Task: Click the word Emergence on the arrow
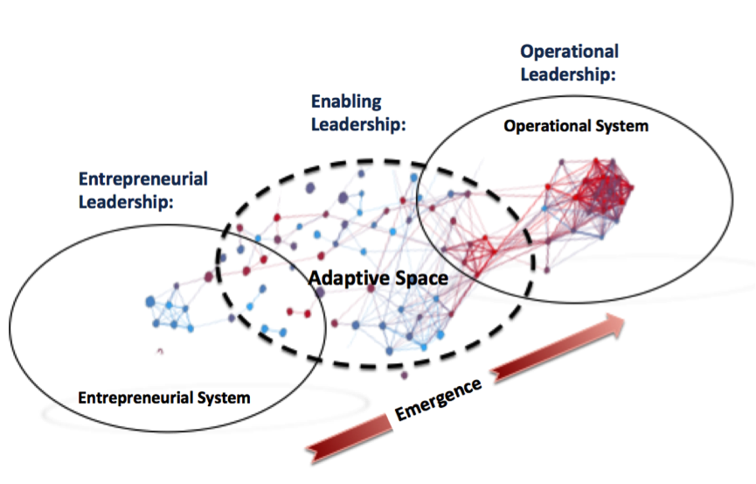coord(438,399)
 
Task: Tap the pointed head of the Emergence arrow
coord(624,319)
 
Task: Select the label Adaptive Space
coord(378,278)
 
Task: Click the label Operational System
coord(576,126)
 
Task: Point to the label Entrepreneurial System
coord(164,397)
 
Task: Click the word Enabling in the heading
coord(346,102)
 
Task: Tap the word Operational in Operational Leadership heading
coord(570,52)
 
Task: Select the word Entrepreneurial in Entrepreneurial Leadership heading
coord(143,179)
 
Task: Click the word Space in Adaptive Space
coord(421,278)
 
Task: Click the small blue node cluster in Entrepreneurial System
coord(170,314)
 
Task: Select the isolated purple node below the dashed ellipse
coord(404,375)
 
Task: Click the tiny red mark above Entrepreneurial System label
coord(161,351)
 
